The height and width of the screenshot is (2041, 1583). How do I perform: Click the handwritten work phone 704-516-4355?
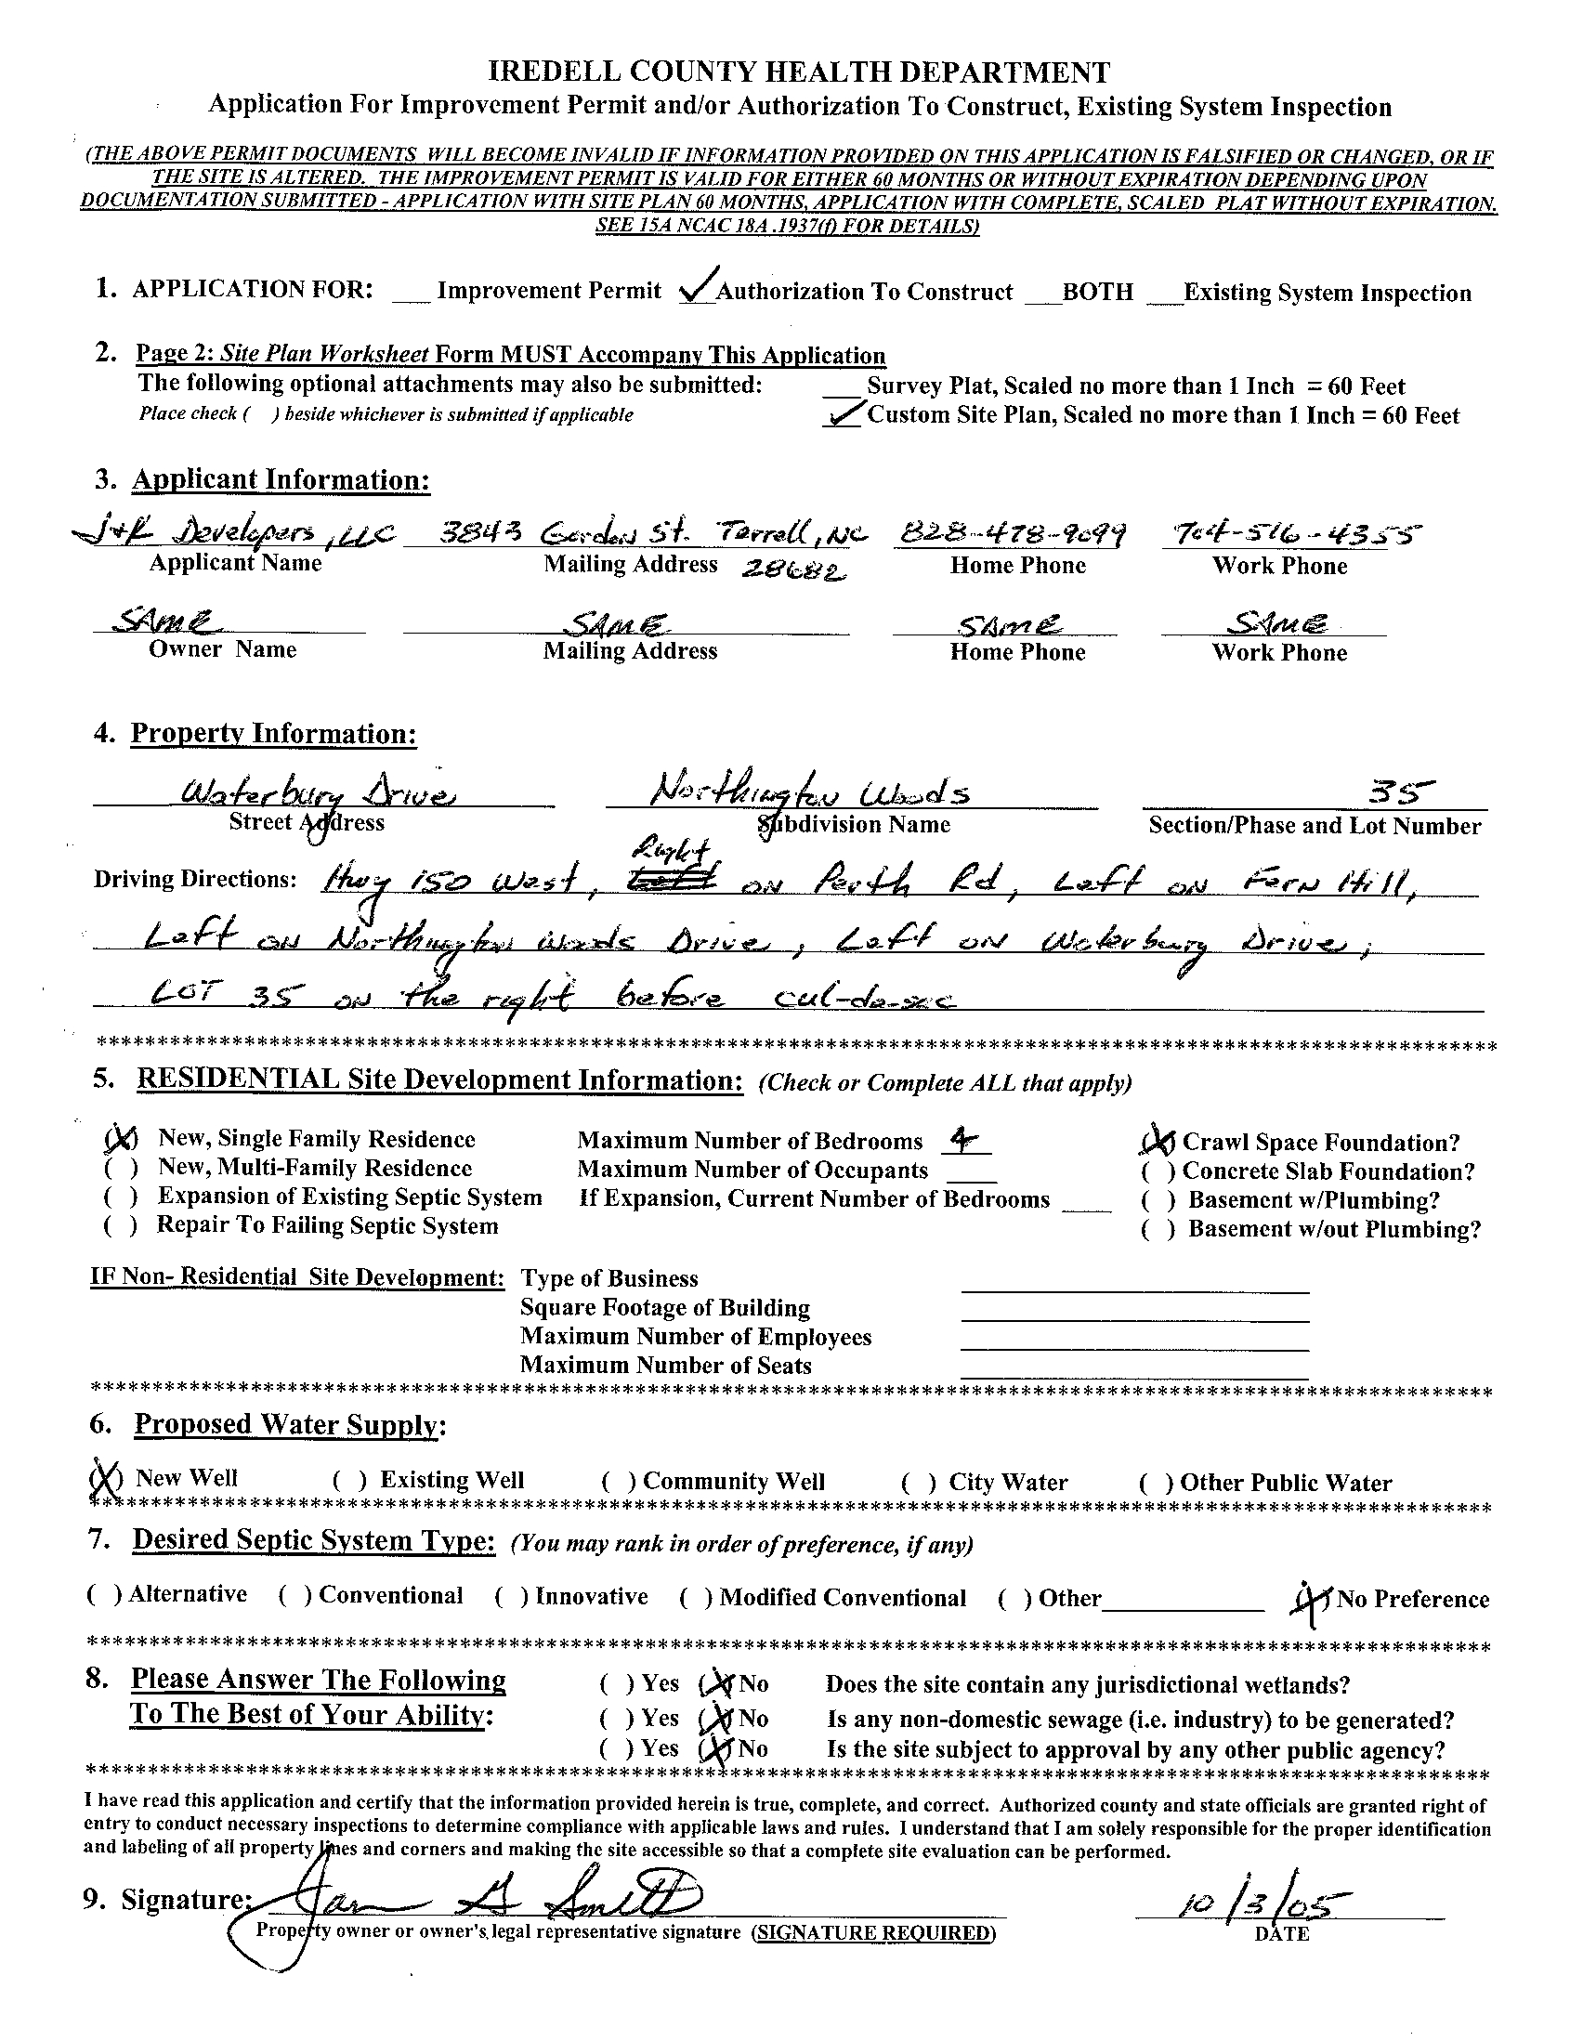coord(1292,533)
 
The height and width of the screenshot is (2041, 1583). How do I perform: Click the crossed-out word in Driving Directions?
coord(685,880)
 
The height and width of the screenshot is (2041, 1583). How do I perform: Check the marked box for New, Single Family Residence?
coord(121,1138)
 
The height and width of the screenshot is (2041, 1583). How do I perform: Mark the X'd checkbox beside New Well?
coord(106,1477)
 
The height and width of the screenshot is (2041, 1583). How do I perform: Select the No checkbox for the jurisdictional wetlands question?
coord(719,1684)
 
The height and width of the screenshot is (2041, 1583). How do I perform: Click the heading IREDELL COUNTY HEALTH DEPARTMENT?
coord(800,72)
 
